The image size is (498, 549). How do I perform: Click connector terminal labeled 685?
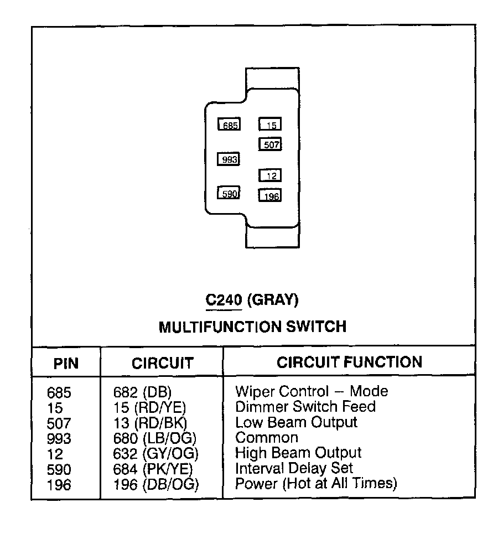point(229,125)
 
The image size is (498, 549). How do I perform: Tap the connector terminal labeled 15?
point(270,125)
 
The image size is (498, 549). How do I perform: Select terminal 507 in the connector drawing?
point(270,144)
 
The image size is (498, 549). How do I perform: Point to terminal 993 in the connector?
point(229,159)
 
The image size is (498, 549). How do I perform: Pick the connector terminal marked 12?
point(270,175)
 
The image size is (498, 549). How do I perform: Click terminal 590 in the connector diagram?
point(229,193)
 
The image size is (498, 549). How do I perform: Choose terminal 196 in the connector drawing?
point(270,195)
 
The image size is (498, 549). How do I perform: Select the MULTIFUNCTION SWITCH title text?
point(252,327)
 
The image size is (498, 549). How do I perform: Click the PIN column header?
point(66,363)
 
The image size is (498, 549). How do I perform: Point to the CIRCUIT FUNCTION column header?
point(349,362)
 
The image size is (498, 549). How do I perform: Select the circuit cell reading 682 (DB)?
point(142,392)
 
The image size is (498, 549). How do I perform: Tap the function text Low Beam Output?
point(296,422)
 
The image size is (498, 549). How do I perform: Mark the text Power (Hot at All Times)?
point(316,483)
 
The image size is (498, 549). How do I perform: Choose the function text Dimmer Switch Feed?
point(305,407)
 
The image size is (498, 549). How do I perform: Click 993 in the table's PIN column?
point(59,439)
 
